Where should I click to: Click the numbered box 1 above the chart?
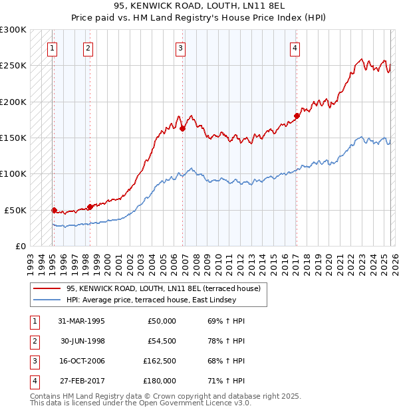click(52, 47)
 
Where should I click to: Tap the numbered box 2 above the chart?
click(88, 47)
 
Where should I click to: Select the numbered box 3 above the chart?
click(180, 47)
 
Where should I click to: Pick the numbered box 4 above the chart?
click(295, 47)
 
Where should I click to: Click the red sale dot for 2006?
click(182, 129)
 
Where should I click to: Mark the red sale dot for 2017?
click(297, 116)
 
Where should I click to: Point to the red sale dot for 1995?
click(54, 210)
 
